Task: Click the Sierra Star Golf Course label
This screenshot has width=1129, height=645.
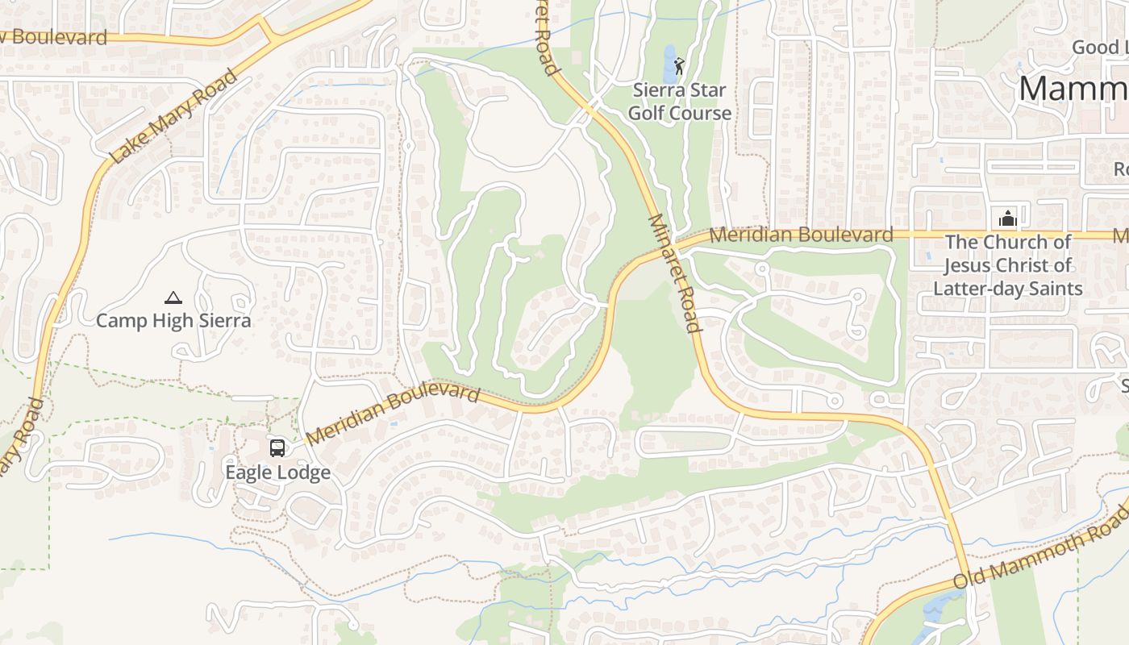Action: tap(680, 102)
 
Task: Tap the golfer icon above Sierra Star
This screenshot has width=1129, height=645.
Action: tap(679, 64)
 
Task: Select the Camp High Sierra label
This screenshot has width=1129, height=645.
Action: tap(173, 321)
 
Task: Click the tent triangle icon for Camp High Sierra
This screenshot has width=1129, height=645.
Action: tap(173, 298)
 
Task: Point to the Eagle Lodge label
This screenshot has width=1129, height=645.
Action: tap(277, 472)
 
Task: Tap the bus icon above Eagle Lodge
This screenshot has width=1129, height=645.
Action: tap(277, 447)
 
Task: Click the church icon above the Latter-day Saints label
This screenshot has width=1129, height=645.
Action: tap(1007, 218)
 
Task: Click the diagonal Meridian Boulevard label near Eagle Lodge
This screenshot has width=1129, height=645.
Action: tap(394, 414)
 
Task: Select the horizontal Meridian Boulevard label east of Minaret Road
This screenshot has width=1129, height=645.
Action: tap(802, 235)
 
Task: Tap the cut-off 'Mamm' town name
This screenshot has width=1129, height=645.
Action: tap(1073, 89)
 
